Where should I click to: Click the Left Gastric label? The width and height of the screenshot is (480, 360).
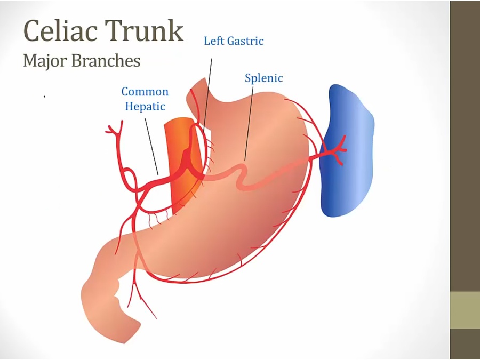[234, 41]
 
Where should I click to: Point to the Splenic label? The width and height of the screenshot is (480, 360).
[263, 78]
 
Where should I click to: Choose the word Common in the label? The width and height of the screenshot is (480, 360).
[145, 92]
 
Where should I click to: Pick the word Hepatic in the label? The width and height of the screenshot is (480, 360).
[145, 106]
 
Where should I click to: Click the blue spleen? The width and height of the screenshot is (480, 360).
[347, 149]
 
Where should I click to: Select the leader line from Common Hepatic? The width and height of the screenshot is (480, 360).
[151, 144]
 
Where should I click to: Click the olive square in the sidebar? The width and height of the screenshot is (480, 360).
[465, 310]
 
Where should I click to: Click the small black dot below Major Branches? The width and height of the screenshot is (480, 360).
[44, 97]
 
